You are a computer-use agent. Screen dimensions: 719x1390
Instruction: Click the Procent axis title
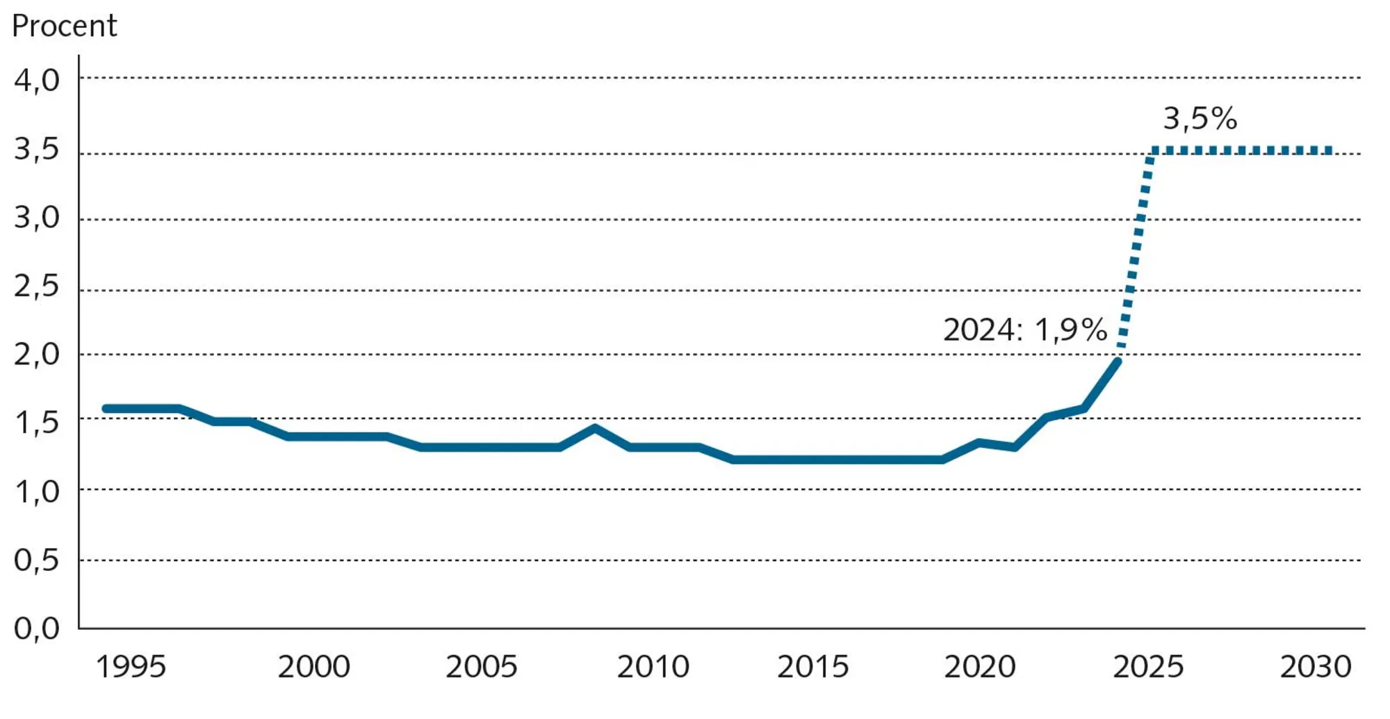[64, 26]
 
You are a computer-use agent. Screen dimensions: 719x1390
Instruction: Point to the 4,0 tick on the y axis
[37, 81]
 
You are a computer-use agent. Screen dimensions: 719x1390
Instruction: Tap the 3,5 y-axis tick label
[37, 150]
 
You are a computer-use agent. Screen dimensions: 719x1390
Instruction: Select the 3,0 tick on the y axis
[37, 218]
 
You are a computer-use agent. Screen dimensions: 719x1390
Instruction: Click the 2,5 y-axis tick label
[37, 286]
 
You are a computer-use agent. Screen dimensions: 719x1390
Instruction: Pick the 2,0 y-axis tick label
[37, 355]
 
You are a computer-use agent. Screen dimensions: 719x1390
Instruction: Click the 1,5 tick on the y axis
[37, 423]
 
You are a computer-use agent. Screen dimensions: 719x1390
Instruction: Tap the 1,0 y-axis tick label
[37, 492]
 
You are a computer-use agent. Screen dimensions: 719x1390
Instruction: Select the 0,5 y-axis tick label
[37, 560]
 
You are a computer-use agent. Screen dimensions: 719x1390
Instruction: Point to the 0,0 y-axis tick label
[37, 629]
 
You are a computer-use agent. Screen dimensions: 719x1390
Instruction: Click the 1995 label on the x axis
[131, 667]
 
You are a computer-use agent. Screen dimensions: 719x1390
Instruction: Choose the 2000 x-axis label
[313, 667]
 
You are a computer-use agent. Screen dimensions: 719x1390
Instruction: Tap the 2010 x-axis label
[653, 667]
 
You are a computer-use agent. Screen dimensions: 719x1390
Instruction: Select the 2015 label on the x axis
[812, 667]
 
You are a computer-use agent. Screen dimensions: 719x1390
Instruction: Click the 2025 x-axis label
[1148, 667]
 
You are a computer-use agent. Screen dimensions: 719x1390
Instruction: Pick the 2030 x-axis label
[1316, 667]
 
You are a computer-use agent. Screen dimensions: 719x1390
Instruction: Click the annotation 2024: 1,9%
[1024, 330]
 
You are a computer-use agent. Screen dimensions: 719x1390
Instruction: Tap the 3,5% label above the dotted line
[1200, 118]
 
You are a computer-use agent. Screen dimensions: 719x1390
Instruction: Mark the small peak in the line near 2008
[595, 428]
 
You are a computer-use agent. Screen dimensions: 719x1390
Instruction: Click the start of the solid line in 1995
[106, 409]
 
